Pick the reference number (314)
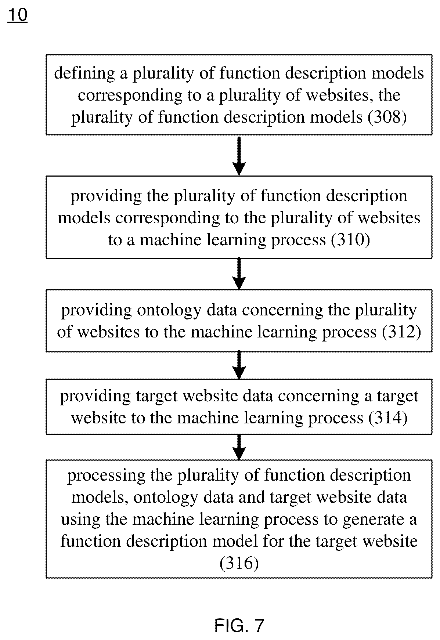tap(387, 418)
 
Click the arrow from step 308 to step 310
tap(239, 155)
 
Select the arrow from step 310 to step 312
tap(239, 274)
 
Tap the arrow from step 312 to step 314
tap(239, 365)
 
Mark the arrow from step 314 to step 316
tap(239, 447)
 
